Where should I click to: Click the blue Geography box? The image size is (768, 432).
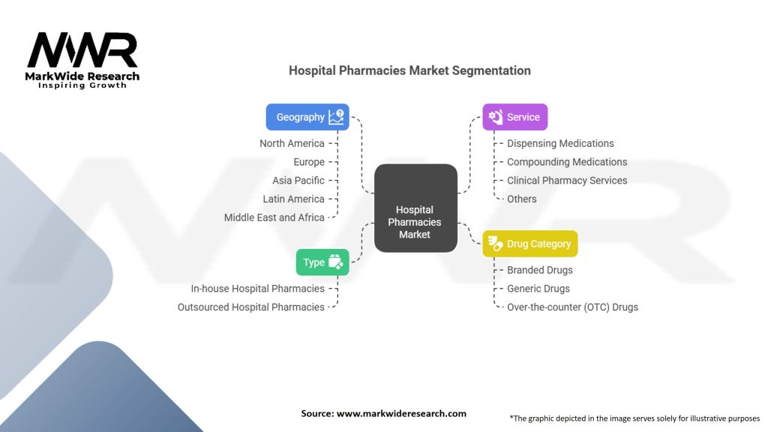[307, 117]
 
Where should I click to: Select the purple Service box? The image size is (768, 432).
[514, 117]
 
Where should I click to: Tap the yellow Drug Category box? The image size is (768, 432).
[530, 244]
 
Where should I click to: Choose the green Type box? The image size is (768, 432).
[322, 262]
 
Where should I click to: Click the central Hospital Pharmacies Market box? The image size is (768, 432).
[415, 208]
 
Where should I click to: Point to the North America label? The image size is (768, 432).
[292, 143]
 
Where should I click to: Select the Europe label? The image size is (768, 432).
[309, 162]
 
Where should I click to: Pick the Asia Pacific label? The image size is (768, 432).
[298, 181]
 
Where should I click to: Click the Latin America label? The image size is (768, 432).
[293, 199]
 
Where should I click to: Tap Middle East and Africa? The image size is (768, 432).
[274, 217]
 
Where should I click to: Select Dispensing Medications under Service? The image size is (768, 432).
[560, 143]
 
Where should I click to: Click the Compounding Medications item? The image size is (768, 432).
[567, 162]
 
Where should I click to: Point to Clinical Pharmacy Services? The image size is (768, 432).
[567, 180]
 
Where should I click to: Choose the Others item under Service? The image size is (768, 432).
[522, 199]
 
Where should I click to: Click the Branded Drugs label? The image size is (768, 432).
[540, 270]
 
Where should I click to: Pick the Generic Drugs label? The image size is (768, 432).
[538, 289]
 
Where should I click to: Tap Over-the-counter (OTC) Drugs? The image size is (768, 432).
[572, 307]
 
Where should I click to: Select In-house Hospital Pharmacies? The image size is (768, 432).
[258, 289]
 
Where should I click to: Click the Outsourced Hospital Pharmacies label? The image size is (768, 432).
[250, 307]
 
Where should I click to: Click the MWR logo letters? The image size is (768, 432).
[82, 49]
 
